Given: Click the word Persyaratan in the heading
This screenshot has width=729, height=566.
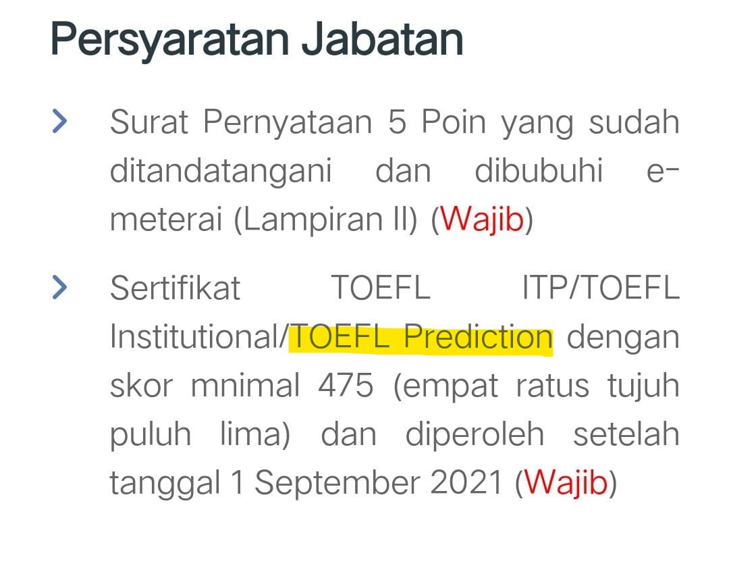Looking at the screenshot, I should (169, 39).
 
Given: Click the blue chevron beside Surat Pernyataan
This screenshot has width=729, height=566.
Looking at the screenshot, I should (60, 122).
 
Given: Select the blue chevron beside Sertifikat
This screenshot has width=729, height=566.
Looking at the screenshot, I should (60, 288).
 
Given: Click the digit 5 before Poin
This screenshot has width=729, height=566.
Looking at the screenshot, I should (397, 122).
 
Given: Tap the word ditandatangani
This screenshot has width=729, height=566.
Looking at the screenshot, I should (221, 172).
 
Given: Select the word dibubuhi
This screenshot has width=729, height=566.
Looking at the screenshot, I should (539, 172).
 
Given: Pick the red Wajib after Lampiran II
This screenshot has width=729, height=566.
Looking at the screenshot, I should (482, 220).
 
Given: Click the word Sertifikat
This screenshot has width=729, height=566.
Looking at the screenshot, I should (175, 288).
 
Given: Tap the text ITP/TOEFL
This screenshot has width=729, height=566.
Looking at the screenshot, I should (601, 288).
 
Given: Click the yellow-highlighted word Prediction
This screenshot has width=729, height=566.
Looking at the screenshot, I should (478, 337).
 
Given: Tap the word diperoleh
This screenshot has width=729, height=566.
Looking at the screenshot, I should (475, 434).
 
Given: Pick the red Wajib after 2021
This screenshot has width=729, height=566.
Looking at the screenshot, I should (566, 483).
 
